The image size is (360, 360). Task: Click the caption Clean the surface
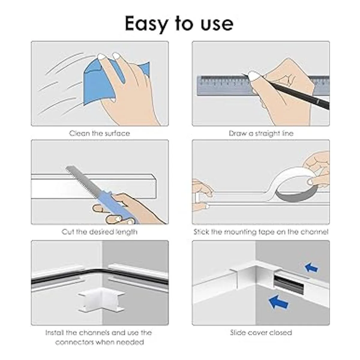point(100,133)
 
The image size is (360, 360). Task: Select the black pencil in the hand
point(291,91)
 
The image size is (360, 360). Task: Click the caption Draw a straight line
point(261,133)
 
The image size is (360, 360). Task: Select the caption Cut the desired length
point(100,232)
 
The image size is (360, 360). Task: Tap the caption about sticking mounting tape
point(261,232)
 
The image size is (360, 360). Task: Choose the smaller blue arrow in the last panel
point(311,268)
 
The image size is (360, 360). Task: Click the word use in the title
point(217,25)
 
